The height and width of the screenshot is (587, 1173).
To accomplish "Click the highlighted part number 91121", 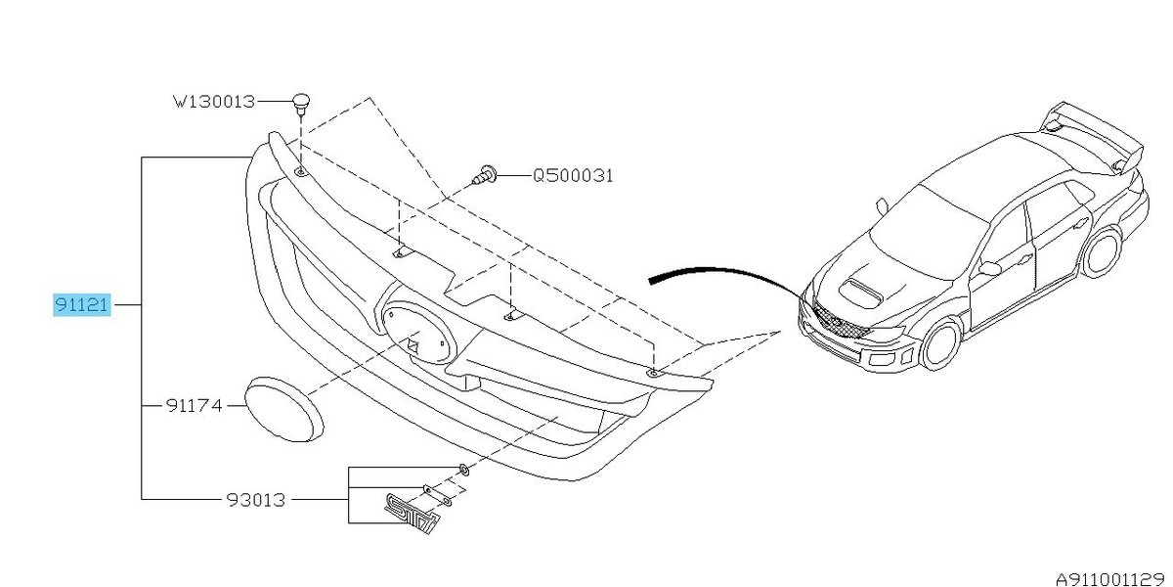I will (x=83, y=305).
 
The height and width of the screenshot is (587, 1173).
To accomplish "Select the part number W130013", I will (x=214, y=101).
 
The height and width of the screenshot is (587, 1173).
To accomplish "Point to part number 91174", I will (x=195, y=403).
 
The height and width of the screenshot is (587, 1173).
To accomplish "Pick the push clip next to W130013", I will (x=301, y=101).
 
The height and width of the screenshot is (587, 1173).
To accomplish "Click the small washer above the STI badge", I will (x=464, y=472).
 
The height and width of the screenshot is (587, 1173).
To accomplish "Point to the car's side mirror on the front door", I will (x=989, y=267).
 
